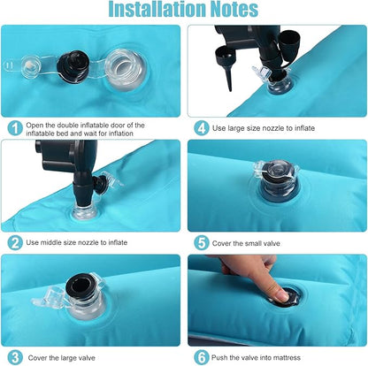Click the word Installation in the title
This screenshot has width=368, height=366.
point(157,9)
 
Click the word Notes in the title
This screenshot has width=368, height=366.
point(234,9)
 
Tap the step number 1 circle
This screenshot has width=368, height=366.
point(15,129)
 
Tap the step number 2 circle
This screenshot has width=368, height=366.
point(15,242)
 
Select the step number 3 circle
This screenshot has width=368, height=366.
point(15,358)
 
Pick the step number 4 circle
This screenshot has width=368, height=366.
point(202,128)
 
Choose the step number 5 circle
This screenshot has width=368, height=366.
point(202,243)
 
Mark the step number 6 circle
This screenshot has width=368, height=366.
point(202,358)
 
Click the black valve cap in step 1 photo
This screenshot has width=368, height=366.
point(73,66)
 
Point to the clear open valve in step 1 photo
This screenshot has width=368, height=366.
point(124,70)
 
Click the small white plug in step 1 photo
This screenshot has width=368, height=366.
point(29,65)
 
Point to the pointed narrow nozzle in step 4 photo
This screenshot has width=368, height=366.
point(228,76)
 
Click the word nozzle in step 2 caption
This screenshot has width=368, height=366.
point(88,242)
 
